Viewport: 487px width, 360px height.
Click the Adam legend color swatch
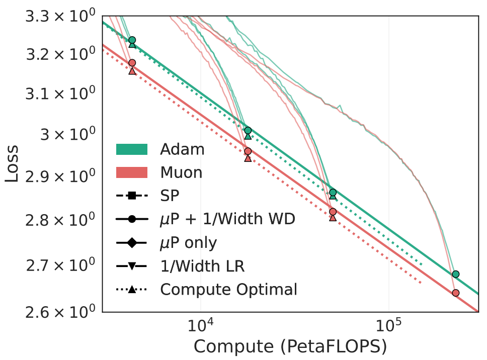pyautogui.click(x=131, y=149)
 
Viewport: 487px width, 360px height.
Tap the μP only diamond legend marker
pyautogui.click(x=131, y=243)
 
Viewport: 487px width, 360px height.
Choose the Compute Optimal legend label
pyautogui.click(x=229, y=290)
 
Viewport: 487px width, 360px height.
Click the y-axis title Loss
pyautogui.click(x=12, y=164)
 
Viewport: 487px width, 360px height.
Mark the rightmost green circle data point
pyautogui.click(x=456, y=274)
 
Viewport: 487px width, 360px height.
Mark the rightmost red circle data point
pyautogui.click(x=456, y=293)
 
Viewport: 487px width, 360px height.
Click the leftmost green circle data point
pyautogui.click(x=132, y=40)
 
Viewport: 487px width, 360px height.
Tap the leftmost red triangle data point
pyautogui.click(x=132, y=71)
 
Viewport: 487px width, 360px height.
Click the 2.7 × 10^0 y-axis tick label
pyautogui.click(x=60, y=264)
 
